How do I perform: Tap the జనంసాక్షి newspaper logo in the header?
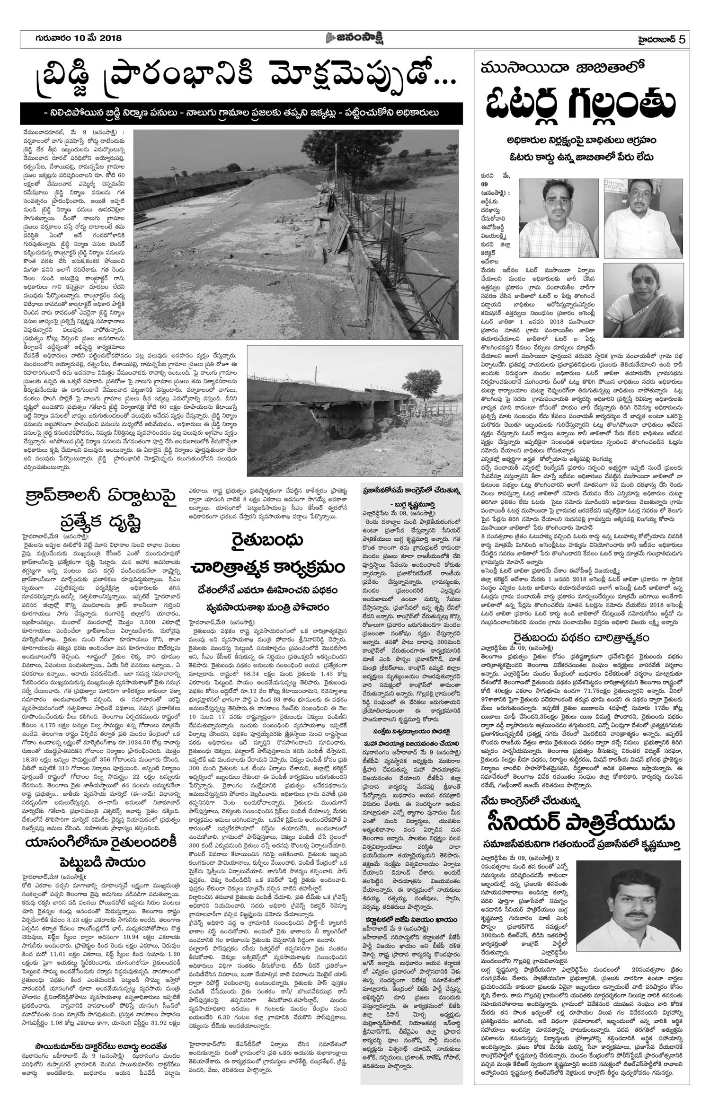[355, 39]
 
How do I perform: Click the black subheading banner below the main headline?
[241, 113]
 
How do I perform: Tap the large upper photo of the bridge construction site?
[296, 236]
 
